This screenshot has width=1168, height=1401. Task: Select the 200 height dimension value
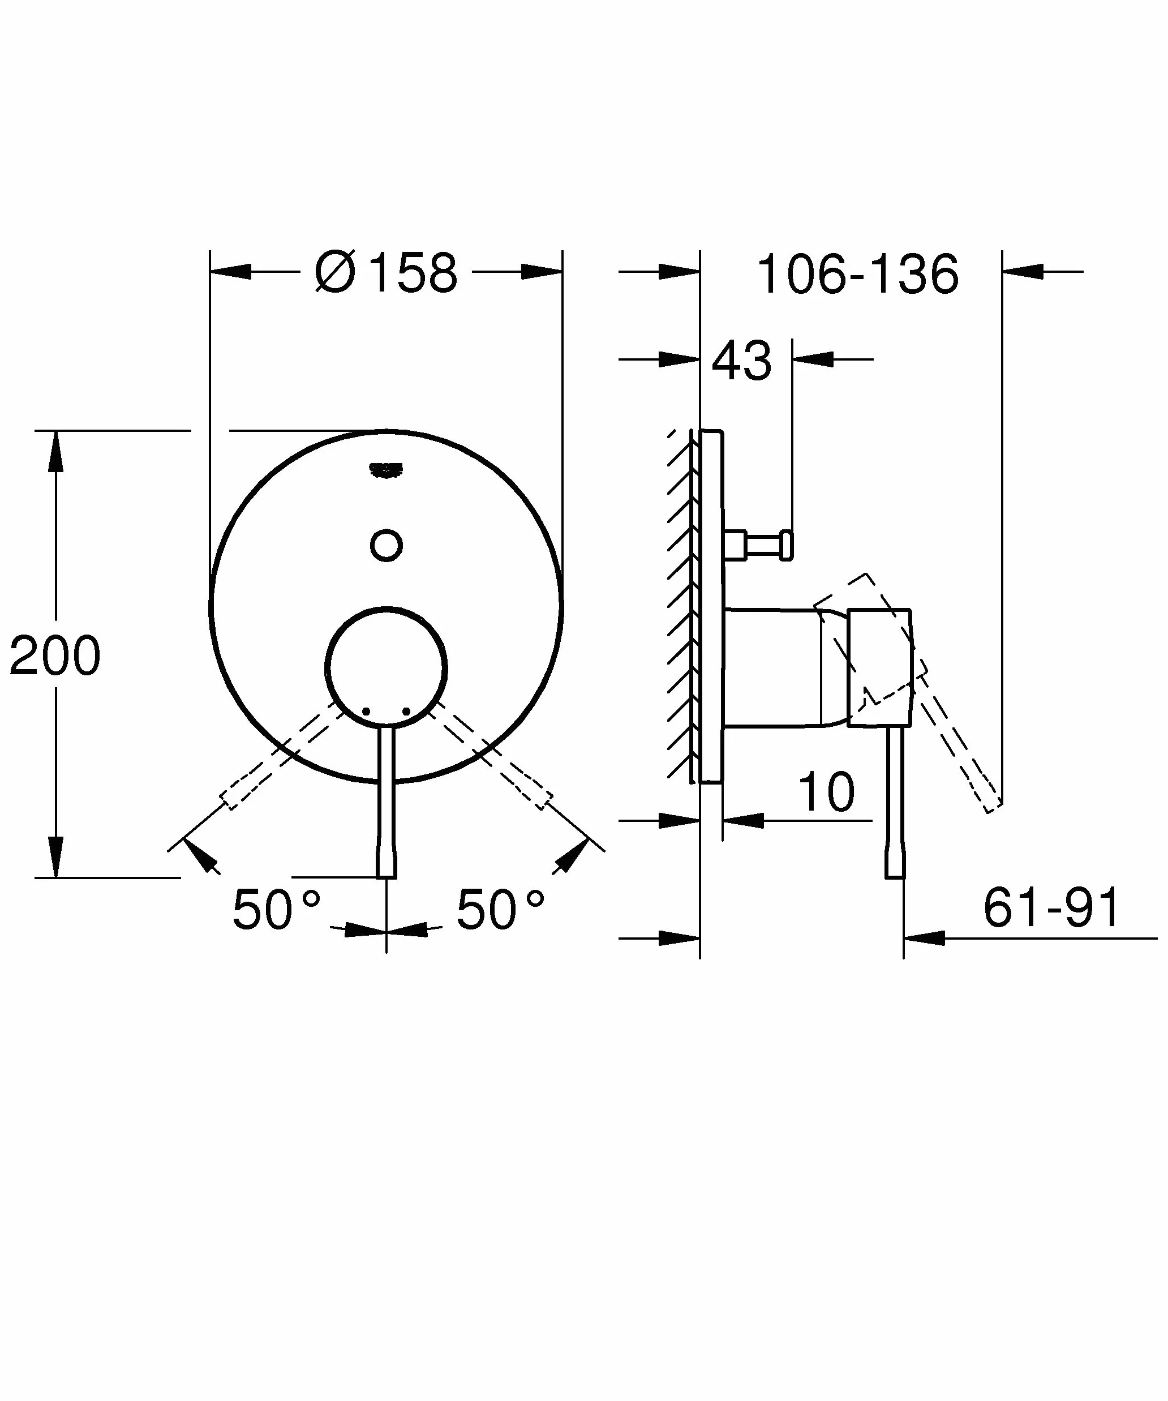point(55,656)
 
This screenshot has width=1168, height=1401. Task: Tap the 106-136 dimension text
point(858,273)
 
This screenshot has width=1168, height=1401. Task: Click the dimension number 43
point(742,361)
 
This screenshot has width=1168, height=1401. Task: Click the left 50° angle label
point(276,909)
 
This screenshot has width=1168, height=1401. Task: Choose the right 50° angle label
point(500,909)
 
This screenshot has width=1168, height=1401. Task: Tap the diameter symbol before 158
point(335,272)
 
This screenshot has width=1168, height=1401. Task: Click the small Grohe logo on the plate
point(386,470)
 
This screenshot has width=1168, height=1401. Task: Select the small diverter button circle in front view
point(386,546)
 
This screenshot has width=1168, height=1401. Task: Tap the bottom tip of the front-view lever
point(386,877)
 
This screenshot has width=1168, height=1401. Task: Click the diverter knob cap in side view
point(787,545)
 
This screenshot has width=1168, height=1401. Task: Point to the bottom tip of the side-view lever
point(895,877)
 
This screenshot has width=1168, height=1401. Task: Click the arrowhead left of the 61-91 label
point(925,939)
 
